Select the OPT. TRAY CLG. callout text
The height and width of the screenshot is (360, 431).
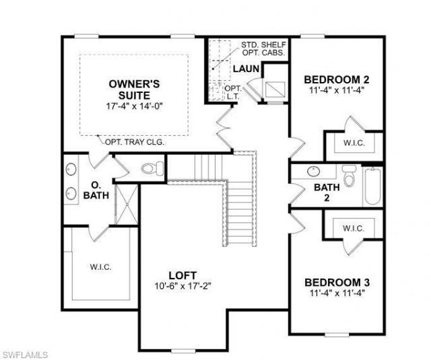click(x=135, y=142)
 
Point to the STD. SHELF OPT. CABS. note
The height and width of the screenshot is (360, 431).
click(x=264, y=48)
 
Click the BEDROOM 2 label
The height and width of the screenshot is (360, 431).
click(x=336, y=78)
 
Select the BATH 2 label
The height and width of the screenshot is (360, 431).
click(x=327, y=192)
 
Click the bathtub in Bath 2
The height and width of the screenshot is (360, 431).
click(x=372, y=186)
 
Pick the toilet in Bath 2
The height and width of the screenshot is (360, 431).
click(x=348, y=177)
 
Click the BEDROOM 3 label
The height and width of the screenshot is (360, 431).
click(x=336, y=282)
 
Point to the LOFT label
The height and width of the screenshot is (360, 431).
click(x=182, y=275)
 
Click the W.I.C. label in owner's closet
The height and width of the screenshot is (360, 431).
click(x=101, y=266)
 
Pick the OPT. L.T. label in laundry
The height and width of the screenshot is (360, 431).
click(x=232, y=92)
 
